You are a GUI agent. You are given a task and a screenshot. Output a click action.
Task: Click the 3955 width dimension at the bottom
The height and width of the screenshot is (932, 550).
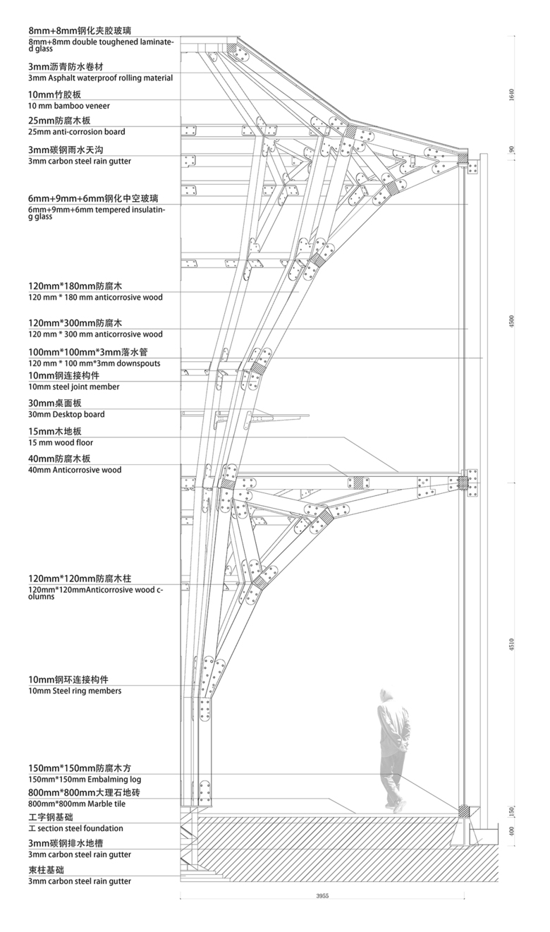click(x=322, y=895)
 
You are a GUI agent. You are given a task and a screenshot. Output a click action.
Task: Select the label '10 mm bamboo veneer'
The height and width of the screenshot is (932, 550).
click(x=59, y=105)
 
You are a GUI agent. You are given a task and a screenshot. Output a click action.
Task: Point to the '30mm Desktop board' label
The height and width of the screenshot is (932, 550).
click(x=66, y=414)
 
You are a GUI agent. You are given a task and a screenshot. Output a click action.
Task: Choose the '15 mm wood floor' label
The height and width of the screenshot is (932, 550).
click(x=61, y=442)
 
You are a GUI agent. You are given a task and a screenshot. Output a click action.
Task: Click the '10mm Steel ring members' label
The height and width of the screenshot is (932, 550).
click(x=75, y=691)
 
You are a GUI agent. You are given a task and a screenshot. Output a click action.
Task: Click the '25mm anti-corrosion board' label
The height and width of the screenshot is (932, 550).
click(x=77, y=132)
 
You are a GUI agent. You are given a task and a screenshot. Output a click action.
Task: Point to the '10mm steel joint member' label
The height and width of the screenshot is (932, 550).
click(x=74, y=387)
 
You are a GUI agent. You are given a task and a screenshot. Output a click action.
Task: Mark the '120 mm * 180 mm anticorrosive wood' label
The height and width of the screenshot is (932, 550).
click(x=95, y=297)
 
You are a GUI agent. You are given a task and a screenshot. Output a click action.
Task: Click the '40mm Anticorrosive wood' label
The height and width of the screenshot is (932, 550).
click(x=75, y=470)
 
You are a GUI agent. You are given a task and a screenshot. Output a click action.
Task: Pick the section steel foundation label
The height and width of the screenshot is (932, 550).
click(x=75, y=828)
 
